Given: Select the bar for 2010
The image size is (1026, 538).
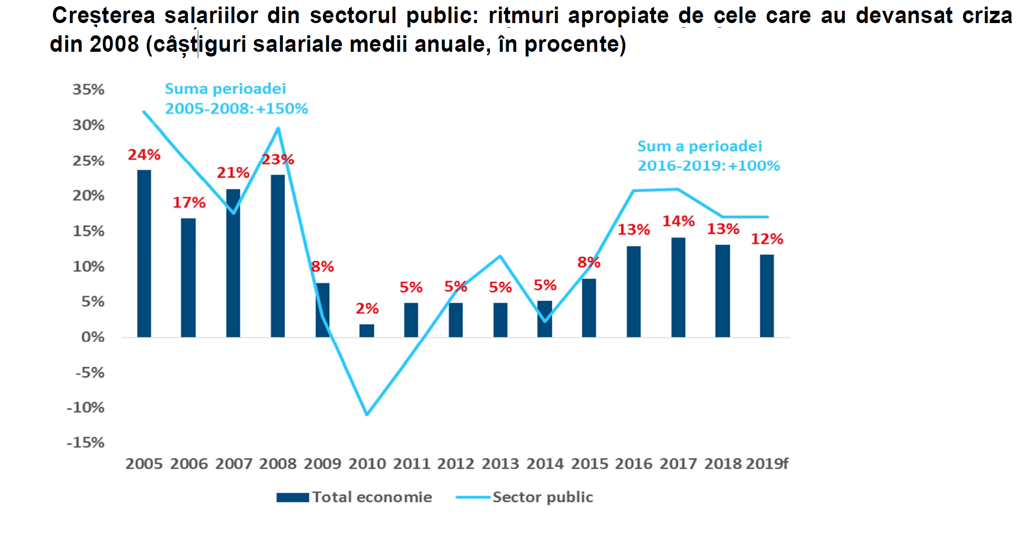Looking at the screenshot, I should (367, 330).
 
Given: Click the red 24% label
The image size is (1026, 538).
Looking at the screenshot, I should (144, 155).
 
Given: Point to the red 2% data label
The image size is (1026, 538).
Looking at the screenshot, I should (367, 309).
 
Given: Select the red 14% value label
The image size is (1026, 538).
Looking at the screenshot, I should (678, 221).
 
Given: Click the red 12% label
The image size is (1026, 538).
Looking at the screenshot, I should (767, 239).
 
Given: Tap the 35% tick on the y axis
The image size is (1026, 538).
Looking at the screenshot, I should (89, 89).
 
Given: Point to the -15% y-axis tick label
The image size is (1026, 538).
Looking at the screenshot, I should (86, 442).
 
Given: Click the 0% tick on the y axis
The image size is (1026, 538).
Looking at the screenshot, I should (93, 337).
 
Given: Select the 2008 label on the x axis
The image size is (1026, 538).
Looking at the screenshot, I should (278, 464).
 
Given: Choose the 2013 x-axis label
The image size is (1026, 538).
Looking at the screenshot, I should (500, 464).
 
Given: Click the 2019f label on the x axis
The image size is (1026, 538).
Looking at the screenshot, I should (767, 464).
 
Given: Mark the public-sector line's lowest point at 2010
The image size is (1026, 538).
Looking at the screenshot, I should (367, 414).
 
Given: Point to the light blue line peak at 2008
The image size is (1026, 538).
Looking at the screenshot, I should (278, 128).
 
